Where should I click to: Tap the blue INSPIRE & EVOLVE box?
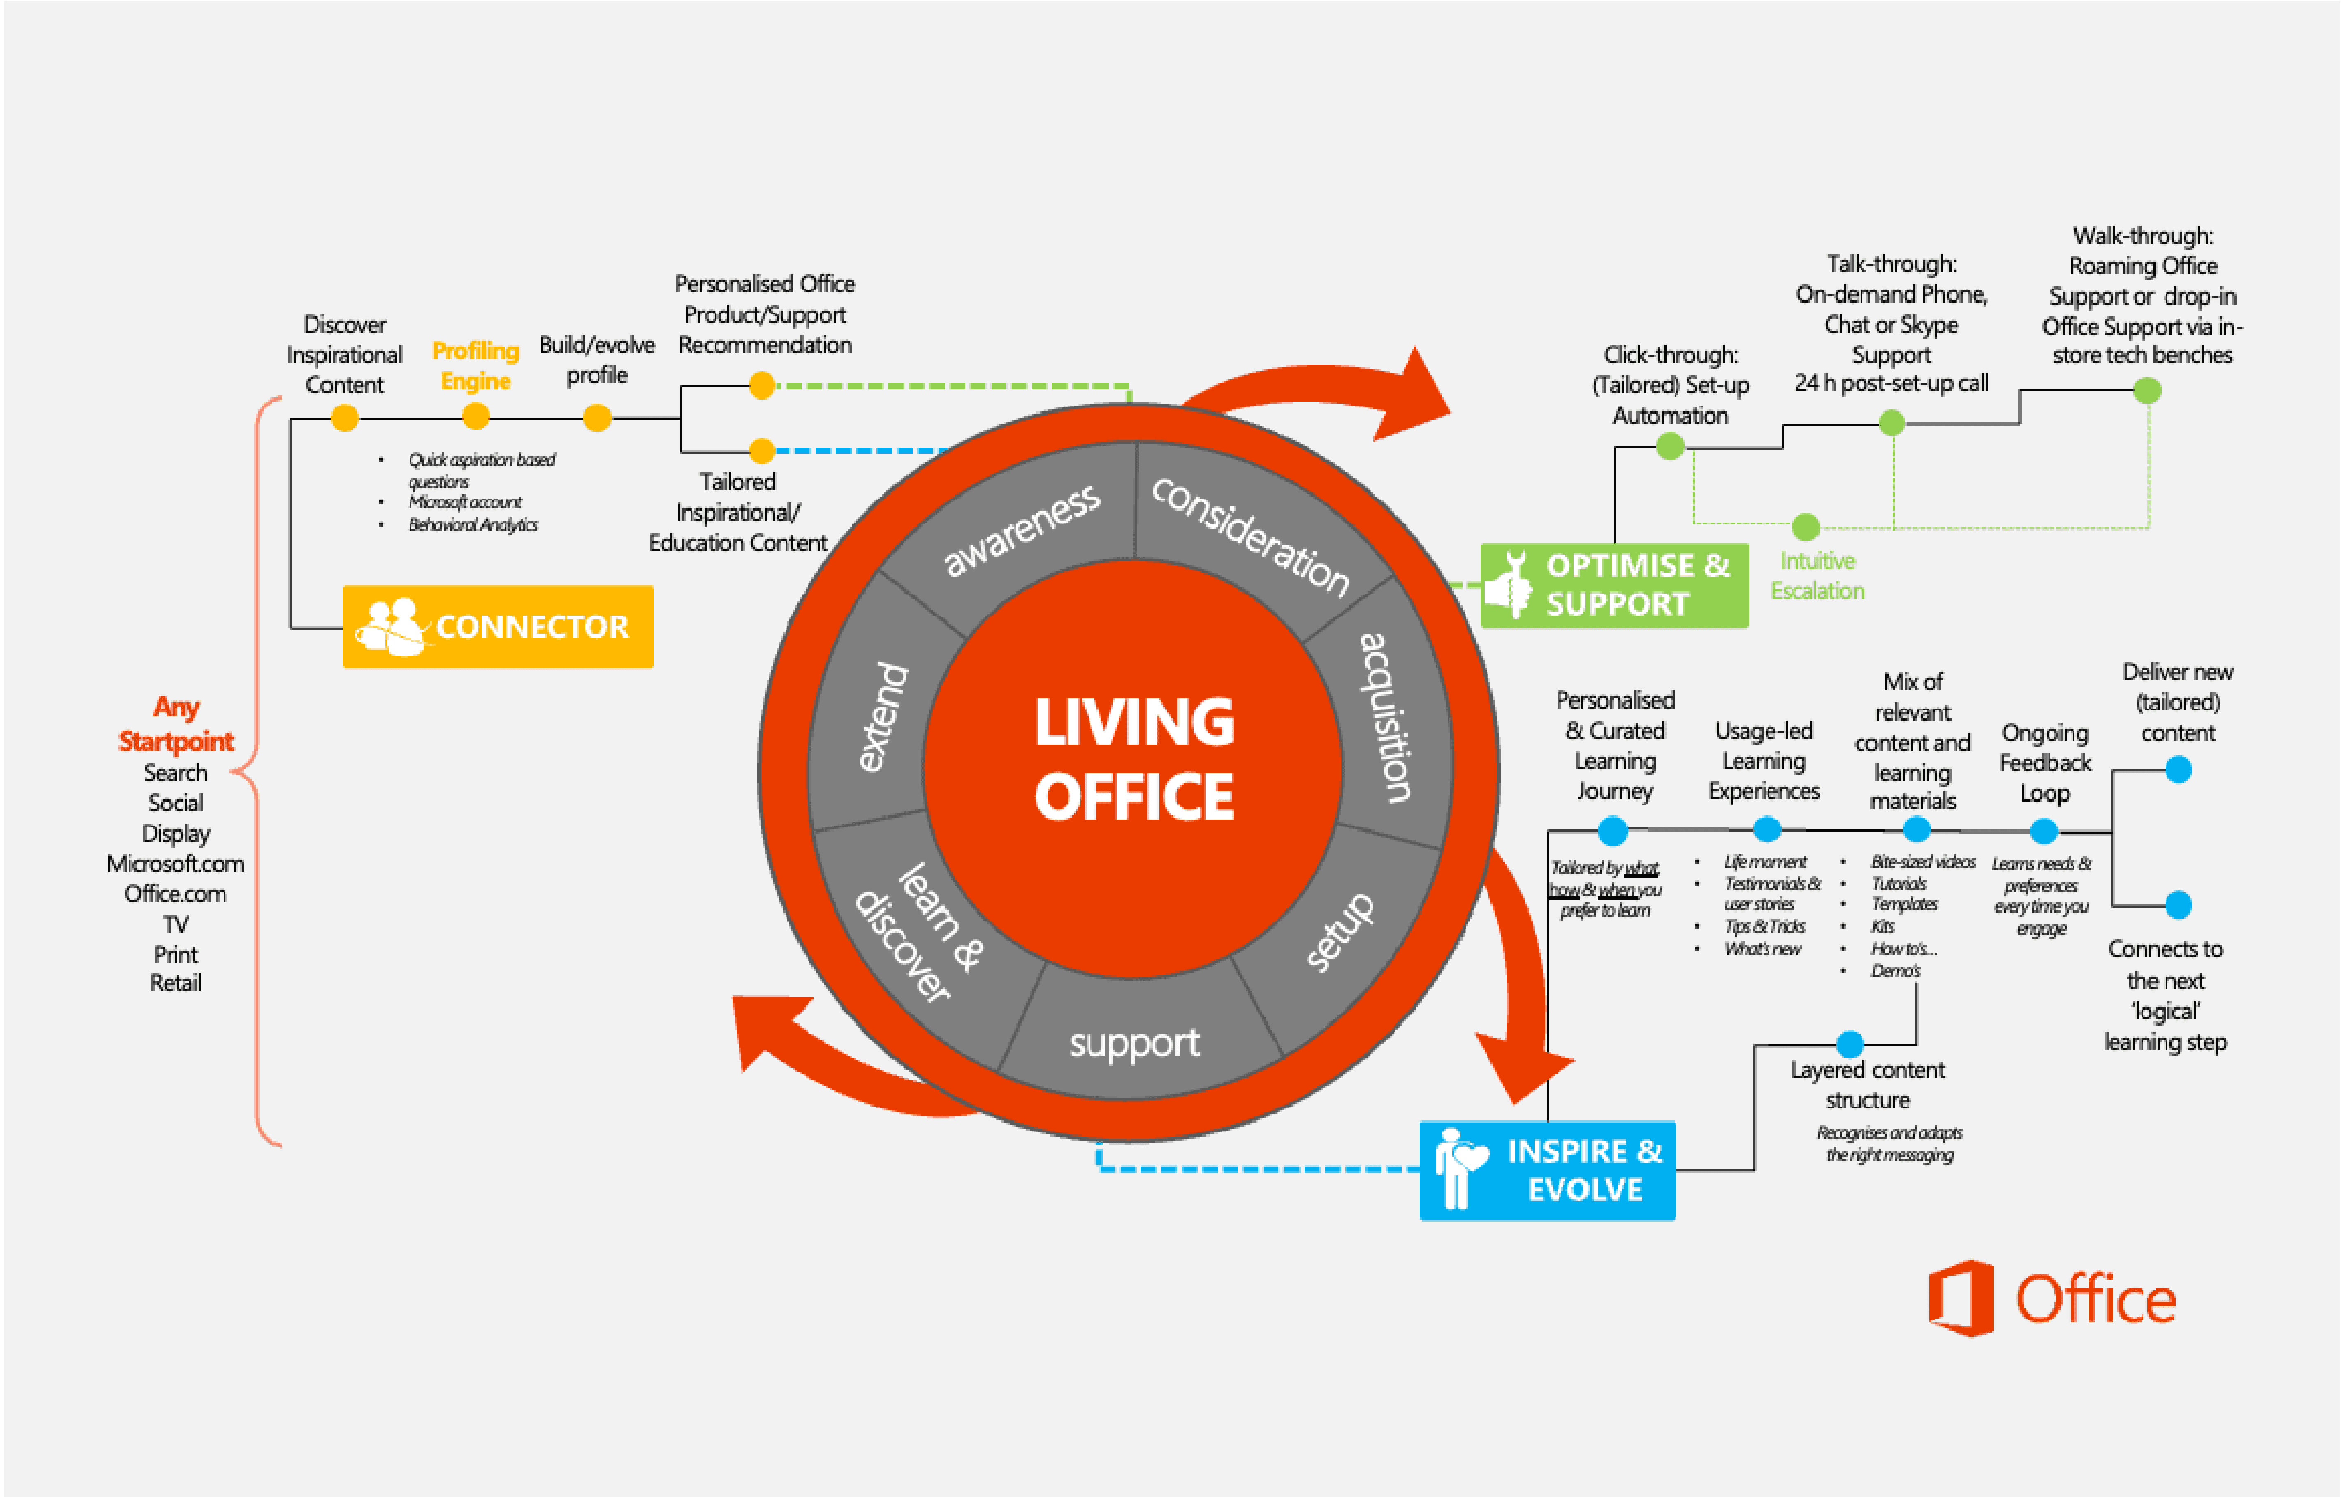point(1547,1170)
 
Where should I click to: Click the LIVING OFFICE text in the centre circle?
point(1134,758)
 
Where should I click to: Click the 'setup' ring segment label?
point(1340,931)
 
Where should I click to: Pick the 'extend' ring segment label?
point(883,717)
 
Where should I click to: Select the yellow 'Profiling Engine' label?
point(475,365)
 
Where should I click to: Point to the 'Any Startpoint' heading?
point(176,724)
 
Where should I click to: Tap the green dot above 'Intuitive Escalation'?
point(1805,527)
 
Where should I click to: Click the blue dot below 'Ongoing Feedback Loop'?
point(2044,831)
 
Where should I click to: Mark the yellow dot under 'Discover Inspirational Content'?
point(344,418)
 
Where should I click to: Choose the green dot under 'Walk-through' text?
point(2147,391)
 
